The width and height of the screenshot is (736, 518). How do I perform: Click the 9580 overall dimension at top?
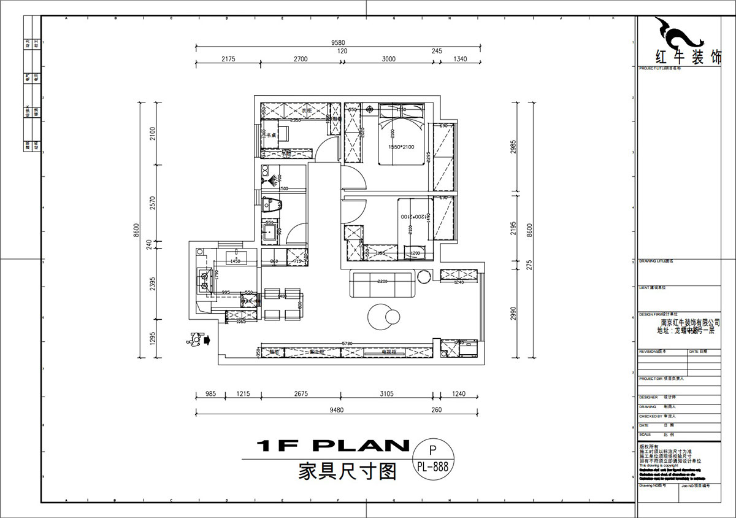(338, 42)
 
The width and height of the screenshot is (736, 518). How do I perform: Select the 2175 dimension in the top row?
(228, 59)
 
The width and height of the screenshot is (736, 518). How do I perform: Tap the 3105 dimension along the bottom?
(386, 394)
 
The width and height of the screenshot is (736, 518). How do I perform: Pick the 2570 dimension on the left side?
(153, 203)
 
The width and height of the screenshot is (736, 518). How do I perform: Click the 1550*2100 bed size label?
(402, 147)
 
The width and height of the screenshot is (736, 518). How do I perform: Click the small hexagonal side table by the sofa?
(424, 277)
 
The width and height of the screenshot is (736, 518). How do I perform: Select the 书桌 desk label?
(270, 135)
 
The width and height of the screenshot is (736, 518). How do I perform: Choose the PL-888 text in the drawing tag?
(434, 466)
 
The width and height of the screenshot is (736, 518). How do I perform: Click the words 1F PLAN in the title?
(332, 446)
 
